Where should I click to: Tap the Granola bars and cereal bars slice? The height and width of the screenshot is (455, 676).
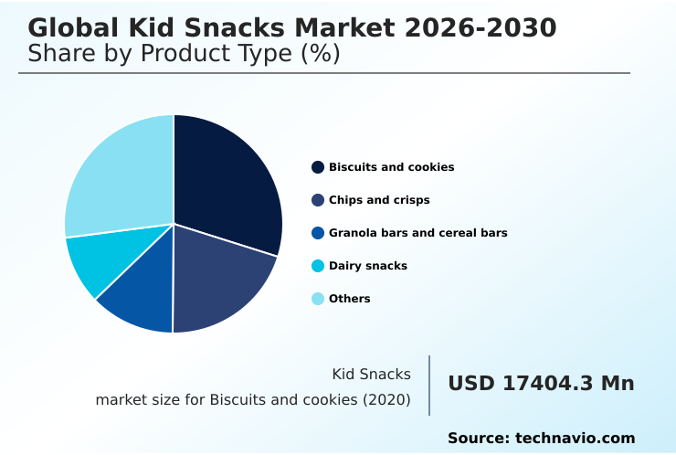click(x=142, y=292)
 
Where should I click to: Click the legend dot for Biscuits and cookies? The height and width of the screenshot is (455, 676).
click(x=318, y=167)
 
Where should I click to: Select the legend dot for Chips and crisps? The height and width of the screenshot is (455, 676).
click(x=318, y=200)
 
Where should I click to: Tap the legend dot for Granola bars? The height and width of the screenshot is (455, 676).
click(x=318, y=233)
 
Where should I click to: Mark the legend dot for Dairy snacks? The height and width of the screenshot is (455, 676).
click(x=318, y=266)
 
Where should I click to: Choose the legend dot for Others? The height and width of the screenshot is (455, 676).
click(x=318, y=299)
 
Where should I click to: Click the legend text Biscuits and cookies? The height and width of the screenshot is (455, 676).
click(x=391, y=167)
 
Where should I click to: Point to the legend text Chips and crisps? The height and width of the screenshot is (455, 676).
click(x=379, y=200)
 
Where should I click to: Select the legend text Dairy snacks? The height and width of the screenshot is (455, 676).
click(x=368, y=266)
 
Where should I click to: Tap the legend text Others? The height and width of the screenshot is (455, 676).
click(x=350, y=299)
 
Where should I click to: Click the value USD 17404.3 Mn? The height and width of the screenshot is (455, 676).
click(x=541, y=384)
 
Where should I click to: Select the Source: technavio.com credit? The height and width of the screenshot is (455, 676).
click(x=541, y=439)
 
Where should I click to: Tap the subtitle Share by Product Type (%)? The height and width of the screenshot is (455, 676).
click(x=184, y=54)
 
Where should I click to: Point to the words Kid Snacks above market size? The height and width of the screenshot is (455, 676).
click(x=371, y=374)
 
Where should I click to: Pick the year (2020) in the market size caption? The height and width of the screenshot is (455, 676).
click(x=386, y=399)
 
